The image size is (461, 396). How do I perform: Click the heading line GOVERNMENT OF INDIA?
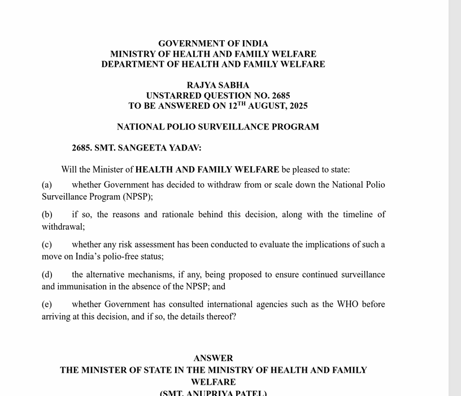[213, 44]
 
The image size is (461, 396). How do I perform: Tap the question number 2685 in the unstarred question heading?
[280, 96]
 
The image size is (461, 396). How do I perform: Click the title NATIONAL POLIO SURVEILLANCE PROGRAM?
[218, 127]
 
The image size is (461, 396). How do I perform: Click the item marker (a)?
[47, 185]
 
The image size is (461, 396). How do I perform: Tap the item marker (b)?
[47, 215]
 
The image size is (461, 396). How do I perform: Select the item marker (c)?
[47, 245]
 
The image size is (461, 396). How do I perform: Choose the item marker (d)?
[47, 275]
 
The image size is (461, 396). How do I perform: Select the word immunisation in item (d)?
[80, 287]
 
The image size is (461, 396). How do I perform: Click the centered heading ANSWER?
[213, 359]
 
